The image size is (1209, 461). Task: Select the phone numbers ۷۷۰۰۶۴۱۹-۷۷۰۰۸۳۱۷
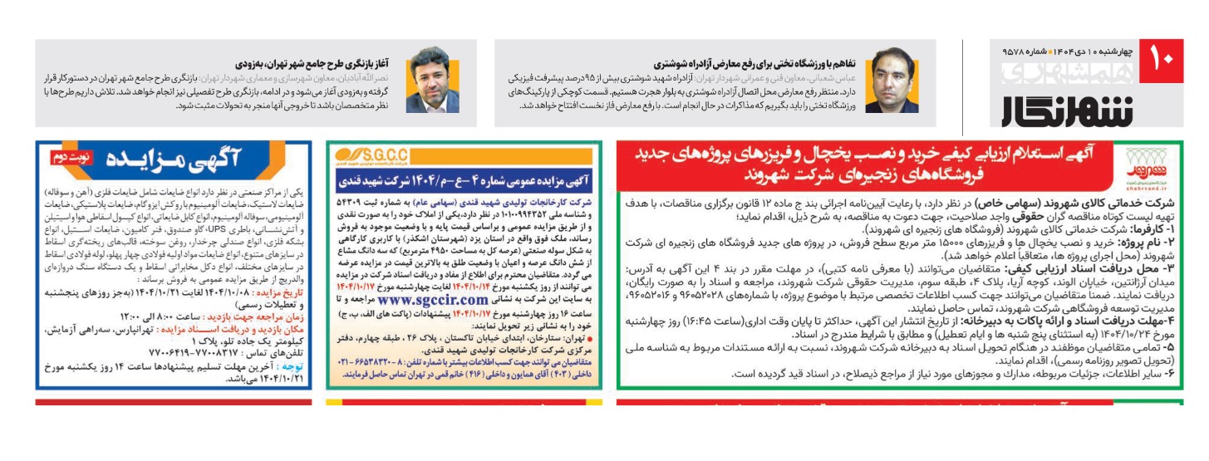click(215, 352)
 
